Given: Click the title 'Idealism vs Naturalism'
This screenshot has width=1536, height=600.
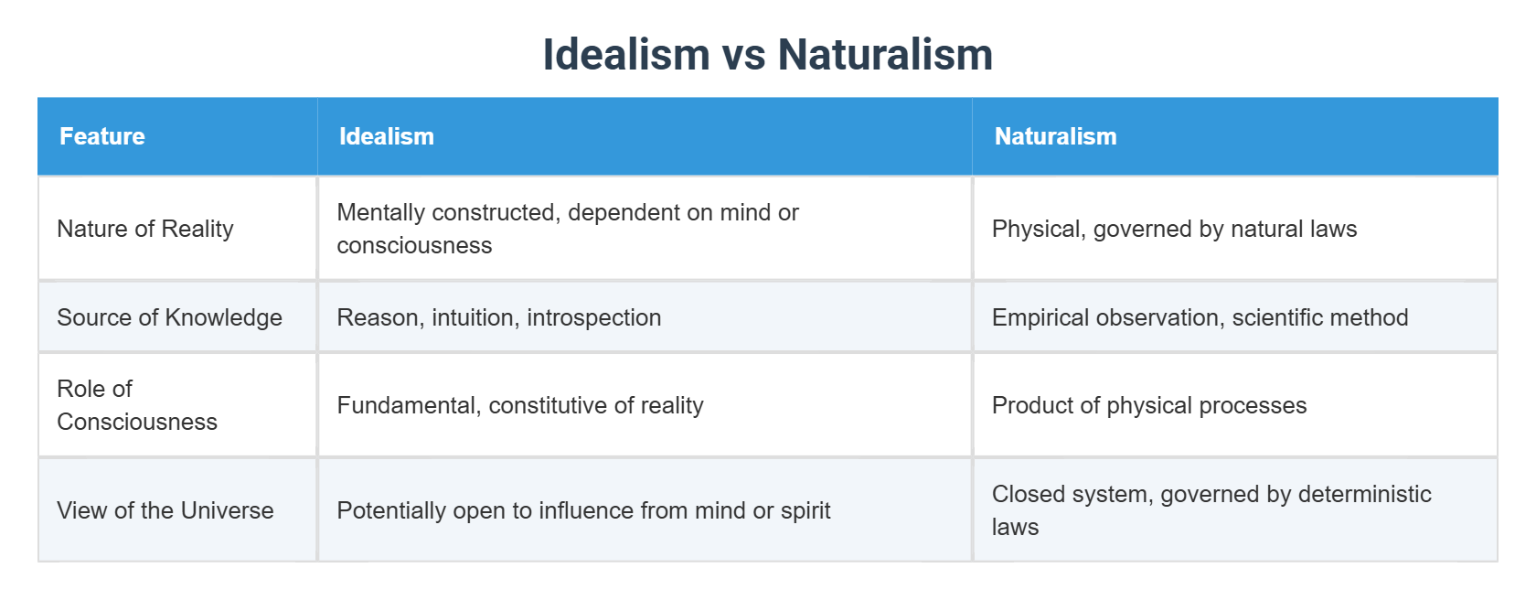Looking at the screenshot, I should [767, 54].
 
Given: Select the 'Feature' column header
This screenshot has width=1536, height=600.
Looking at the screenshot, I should [102, 136].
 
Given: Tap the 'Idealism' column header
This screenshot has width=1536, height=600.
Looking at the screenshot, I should [387, 136].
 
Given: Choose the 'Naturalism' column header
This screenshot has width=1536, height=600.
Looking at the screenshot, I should [1055, 136].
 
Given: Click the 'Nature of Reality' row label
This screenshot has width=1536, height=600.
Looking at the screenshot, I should [145, 229].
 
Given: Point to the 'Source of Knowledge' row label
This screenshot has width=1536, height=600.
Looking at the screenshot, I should [169, 317].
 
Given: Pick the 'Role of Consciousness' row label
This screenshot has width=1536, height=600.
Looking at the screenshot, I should [137, 405].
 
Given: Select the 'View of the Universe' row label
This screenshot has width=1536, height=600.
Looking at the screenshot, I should [165, 510].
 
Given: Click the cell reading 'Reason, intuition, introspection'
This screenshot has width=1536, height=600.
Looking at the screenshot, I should [499, 317].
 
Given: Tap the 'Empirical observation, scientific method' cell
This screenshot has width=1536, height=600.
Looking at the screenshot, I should [1200, 317].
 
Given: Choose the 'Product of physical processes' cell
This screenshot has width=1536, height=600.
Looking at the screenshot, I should [1149, 405].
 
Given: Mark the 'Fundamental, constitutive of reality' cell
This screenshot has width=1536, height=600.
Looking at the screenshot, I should [520, 405].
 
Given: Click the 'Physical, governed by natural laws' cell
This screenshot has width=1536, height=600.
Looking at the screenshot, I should [1174, 229].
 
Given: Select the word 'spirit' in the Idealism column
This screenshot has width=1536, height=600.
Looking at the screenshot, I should [805, 510].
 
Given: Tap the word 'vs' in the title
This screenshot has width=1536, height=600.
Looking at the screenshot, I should [743, 54].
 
